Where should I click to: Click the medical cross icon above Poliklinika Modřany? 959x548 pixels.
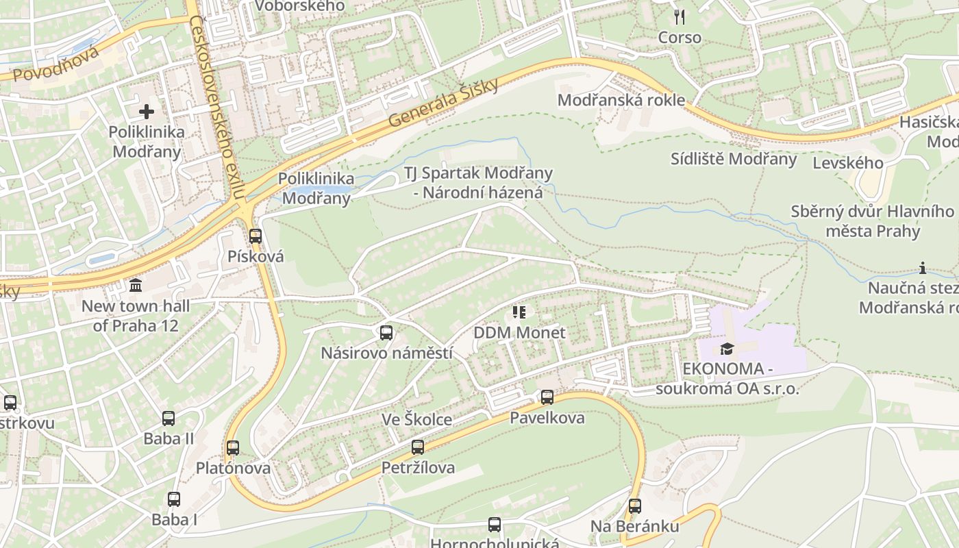[x=147, y=111]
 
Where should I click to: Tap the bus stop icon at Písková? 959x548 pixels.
[x=256, y=236]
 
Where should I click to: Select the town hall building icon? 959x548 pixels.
[x=136, y=285]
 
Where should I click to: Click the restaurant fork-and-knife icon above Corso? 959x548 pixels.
[x=680, y=17]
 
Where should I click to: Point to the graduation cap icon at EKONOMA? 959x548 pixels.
[x=727, y=349]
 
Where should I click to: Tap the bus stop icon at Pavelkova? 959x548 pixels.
[x=547, y=397]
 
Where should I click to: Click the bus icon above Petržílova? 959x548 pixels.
[x=418, y=447]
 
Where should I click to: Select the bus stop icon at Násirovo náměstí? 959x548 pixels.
[x=386, y=333]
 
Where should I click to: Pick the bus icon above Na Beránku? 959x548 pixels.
[x=635, y=506]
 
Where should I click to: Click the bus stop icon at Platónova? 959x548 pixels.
[x=233, y=448]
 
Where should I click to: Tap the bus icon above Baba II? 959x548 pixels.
[x=169, y=418]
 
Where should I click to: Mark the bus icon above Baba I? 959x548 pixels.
[x=174, y=499]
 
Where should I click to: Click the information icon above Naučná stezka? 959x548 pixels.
[x=923, y=268]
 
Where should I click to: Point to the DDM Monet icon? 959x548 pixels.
[x=519, y=312]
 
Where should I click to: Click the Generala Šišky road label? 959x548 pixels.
[x=445, y=102]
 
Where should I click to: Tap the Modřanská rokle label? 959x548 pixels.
[x=621, y=100]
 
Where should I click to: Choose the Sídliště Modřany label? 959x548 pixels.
[x=734, y=160]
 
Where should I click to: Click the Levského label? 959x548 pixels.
[x=847, y=163]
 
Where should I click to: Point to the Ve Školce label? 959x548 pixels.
[x=416, y=419]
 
